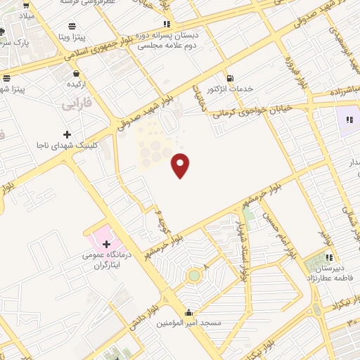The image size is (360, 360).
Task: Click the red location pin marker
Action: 181,165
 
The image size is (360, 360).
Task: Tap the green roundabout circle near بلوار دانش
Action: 193,276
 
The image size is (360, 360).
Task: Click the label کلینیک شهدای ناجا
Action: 66,145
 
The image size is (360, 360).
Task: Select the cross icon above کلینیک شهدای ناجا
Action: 67,134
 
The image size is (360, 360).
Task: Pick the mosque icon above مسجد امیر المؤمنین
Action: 188,312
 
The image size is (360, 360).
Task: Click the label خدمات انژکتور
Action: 231,89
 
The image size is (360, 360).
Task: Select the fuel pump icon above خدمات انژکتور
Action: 229,77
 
